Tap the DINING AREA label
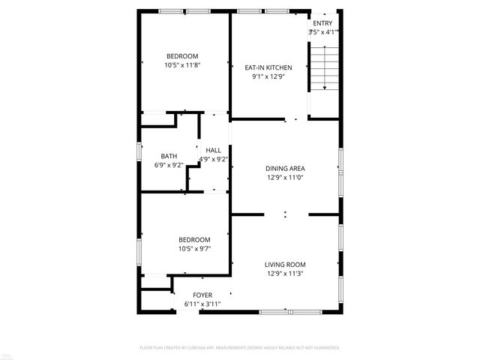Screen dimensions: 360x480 pos(284,168)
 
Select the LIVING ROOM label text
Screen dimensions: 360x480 pos(284,264)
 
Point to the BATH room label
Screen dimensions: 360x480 pos(169,156)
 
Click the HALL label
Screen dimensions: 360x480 pos(214,150)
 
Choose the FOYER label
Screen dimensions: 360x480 pos(202,295)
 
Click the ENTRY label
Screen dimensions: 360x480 pos(322,23)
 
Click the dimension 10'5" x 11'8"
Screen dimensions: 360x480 pos(182,65)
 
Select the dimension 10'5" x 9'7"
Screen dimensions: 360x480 pos(194,249)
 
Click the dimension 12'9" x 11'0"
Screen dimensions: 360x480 pos(284,177)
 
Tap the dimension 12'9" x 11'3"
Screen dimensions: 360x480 pos(284,273)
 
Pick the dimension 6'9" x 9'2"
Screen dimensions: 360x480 pos(169,165)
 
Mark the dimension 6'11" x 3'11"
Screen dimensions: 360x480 pos(202,304)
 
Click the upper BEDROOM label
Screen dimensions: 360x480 pos(182,56)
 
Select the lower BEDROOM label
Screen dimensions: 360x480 pos(194,240)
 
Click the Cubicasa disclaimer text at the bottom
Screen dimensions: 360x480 pos(240,348)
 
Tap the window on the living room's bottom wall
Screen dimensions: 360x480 pos(289,311)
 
